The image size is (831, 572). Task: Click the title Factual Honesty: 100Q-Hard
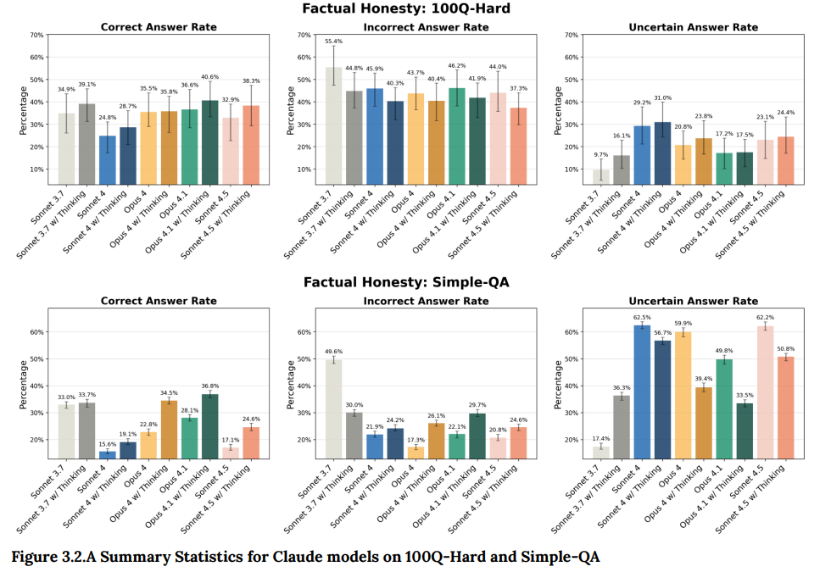413,9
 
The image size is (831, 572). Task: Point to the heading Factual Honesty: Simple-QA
413,281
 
